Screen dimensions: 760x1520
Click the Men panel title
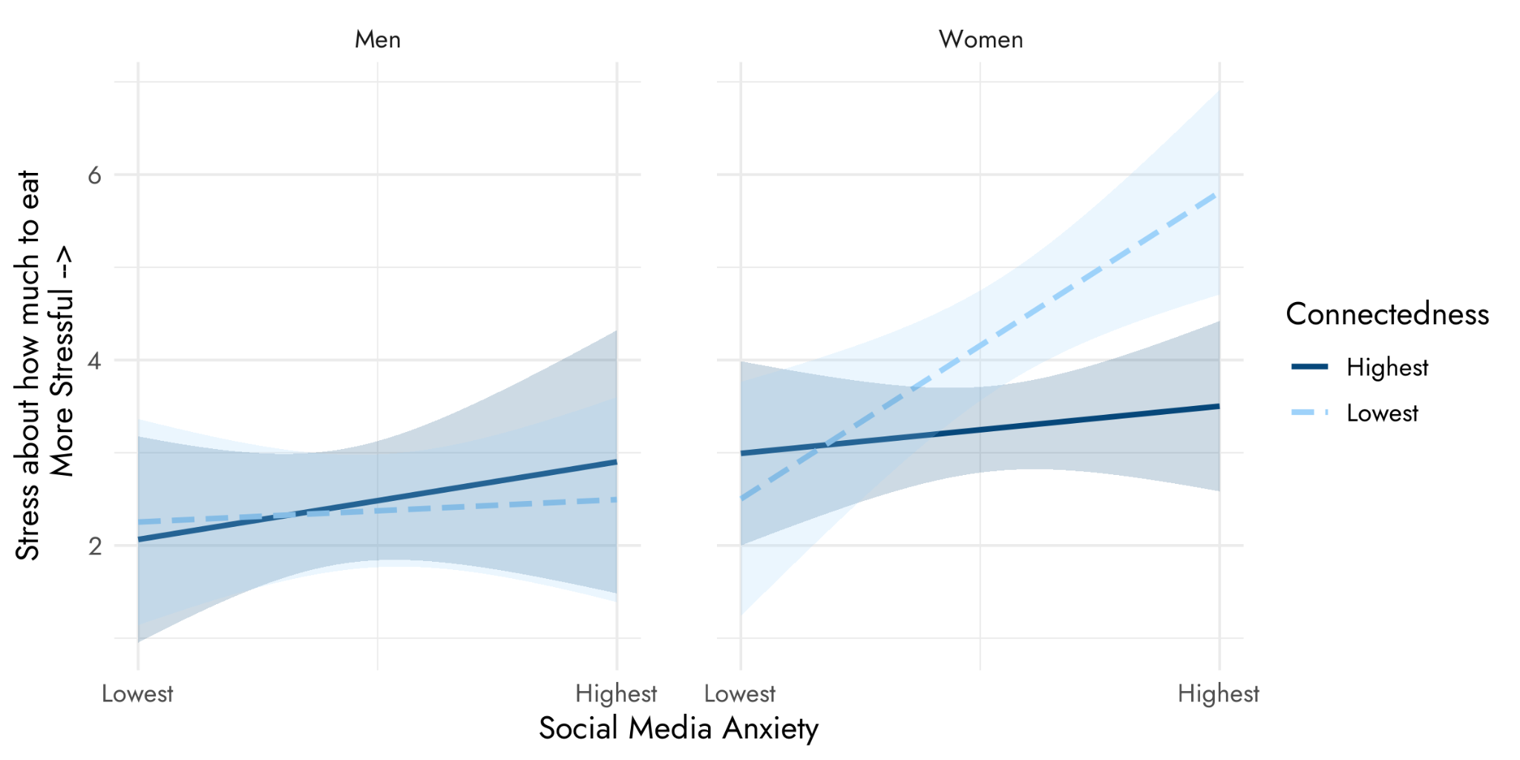377,39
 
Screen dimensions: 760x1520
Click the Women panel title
980,39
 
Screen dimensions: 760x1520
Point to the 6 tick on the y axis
94,175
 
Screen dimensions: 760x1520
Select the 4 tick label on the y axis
94,361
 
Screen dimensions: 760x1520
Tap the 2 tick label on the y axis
94,546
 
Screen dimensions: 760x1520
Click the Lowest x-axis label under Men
137,694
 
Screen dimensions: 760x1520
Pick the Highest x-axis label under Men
616,694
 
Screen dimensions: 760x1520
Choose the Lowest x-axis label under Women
740,694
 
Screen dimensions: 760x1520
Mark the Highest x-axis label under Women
1219,694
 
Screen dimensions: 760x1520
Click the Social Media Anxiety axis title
678,728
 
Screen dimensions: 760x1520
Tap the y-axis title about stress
45,364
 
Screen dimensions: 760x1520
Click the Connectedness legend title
1387,315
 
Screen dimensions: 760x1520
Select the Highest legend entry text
1387,367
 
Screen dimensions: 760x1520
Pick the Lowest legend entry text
1382,413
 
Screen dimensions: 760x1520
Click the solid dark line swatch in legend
1310,367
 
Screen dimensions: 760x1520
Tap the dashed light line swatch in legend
1310,412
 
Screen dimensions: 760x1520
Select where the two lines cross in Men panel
286,514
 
